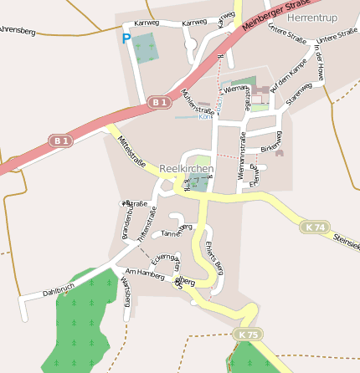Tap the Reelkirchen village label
[186, 168]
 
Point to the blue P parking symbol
[126, 38]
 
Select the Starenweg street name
[299, 94]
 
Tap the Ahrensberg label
[17, 31]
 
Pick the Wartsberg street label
[126, 292]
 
